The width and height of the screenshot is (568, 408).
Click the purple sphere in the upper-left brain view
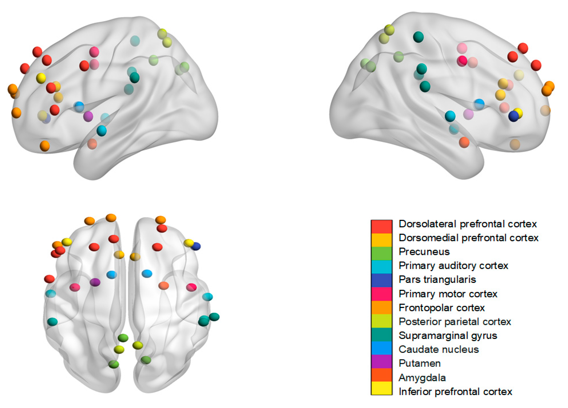[88, 116]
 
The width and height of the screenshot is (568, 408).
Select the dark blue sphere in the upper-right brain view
[513, 117]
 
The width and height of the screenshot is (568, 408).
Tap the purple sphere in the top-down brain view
[95, 282]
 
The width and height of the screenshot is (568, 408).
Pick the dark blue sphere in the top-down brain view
[196, 246]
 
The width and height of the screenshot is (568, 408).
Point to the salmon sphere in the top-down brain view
[164, 286]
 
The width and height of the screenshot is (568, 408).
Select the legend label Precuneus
[424, 252]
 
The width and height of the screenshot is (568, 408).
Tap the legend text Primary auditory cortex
[453, 266]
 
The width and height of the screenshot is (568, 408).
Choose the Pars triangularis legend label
[437, 280]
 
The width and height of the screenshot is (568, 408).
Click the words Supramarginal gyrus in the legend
[448, 335]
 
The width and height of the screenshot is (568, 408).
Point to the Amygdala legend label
[422, 377]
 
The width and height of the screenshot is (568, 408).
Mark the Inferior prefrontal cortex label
[455, 392]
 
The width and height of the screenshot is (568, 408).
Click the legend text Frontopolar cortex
[442, 308]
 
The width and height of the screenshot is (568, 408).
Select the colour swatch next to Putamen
[381, 363]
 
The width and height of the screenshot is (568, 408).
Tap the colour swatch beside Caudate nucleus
[381, 349]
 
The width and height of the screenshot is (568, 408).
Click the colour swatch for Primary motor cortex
[381, 293]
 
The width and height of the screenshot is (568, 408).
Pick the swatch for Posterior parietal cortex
[381, 322]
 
